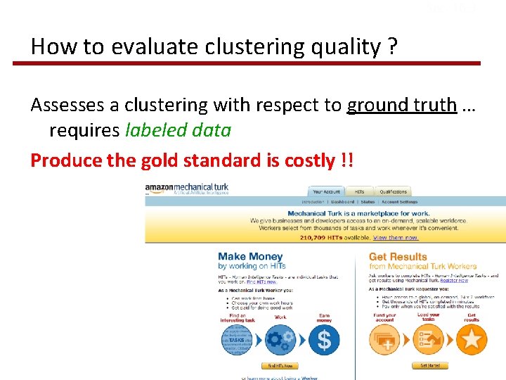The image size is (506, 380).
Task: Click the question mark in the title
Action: click(x=391, y=47)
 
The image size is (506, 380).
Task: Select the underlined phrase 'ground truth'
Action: click(x=401, y=106)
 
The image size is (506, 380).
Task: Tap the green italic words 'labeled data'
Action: click(x=178, y=130)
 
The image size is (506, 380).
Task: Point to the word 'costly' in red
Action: click(x=309, y=160)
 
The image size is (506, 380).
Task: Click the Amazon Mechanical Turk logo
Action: click(x=187, y=189)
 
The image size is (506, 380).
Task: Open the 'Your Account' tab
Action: click(x=326, y=191)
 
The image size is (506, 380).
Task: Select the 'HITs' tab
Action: click(x=358, y=191)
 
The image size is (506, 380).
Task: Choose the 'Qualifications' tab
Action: click(x=393, y=191)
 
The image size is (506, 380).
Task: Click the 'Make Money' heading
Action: click(x=250, y=257)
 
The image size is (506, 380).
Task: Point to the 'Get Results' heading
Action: click(x=398, y=257)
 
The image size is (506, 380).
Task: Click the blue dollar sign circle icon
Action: click(x=323, y=340)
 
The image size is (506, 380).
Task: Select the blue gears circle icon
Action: click(x=280, y=340)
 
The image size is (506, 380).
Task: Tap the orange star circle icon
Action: click(x=472, y=340)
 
